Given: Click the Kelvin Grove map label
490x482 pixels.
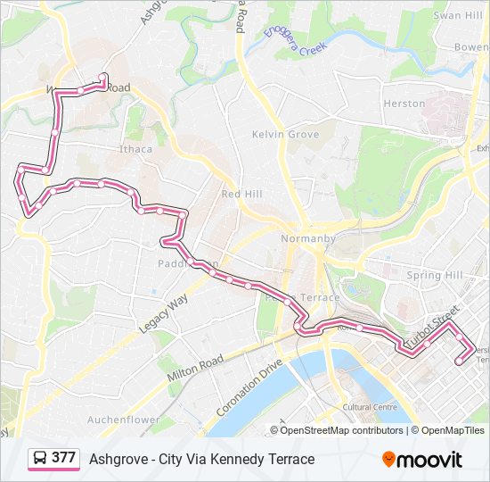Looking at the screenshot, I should point(285,134).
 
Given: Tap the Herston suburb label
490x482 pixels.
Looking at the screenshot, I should point(404,104).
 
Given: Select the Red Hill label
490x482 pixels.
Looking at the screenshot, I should point(242,194).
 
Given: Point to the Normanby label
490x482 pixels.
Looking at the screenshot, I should point(307,239).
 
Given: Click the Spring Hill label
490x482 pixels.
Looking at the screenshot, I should point(436,276).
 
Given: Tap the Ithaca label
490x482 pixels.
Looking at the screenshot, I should point(135,149).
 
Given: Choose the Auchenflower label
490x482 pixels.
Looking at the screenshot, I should point(125,420).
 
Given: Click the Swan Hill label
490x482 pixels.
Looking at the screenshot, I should point(458,16).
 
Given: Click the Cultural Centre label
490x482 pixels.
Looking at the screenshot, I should point(369,407).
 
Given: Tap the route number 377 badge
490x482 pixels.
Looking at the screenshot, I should point(63,458).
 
